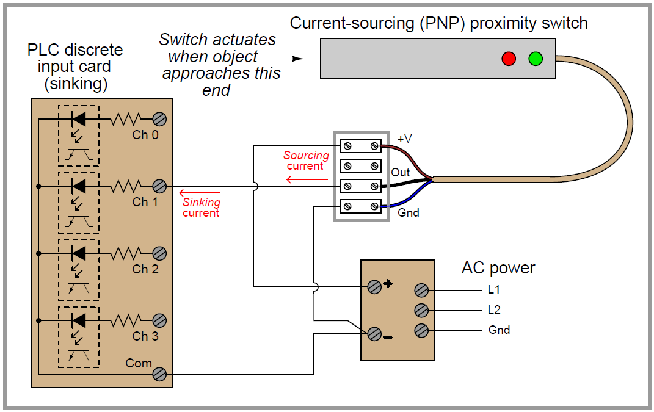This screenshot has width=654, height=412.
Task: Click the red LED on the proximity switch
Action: coord(509,59)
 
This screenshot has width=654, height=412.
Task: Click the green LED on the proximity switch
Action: coord(536,59)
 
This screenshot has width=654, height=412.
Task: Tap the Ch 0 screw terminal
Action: coord(160,119)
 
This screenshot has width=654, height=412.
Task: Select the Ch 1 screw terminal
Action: coord(160,186)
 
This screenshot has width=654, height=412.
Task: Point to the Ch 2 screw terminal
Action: coord(160,253)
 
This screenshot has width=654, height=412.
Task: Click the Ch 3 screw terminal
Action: coord(160,320)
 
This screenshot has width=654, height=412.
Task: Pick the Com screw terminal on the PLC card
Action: coord(160,374)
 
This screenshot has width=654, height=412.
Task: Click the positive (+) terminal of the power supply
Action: coord(374,286)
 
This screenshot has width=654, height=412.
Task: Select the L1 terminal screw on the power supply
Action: coord(421,290)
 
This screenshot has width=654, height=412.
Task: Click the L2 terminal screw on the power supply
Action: coord(421,310)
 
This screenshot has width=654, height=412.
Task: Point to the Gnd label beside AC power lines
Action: coord(499,330)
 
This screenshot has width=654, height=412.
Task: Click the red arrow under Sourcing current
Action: coord(306,179)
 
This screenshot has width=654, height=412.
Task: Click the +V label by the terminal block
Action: coord(405,139)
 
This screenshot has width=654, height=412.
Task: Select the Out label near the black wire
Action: coord(401,173)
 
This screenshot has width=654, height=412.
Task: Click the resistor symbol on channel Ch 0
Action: coord(125,119)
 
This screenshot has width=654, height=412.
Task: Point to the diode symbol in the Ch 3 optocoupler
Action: coord(78,320)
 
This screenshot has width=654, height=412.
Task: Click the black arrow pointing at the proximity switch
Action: coord(286,59)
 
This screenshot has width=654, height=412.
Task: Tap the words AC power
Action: coord(498,268)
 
